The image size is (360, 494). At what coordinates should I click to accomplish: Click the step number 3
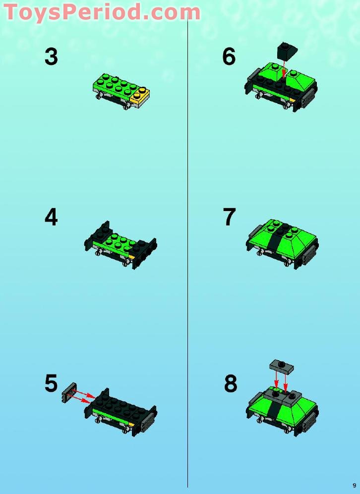point(51,57)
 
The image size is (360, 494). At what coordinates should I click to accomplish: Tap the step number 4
point(51,218)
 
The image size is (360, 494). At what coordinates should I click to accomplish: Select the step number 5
point(51,384)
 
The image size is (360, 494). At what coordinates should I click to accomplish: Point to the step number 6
point(229,57)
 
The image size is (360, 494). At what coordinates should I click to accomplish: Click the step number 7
point(229,218)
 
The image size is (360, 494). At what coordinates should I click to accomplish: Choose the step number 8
point(230,384)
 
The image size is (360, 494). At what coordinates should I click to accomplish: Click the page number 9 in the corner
point(354,485)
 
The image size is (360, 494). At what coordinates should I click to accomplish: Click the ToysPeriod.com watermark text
point(102,12)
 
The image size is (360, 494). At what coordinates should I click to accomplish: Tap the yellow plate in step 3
point(140,96)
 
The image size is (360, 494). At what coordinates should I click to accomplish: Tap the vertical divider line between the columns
point(187,297)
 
